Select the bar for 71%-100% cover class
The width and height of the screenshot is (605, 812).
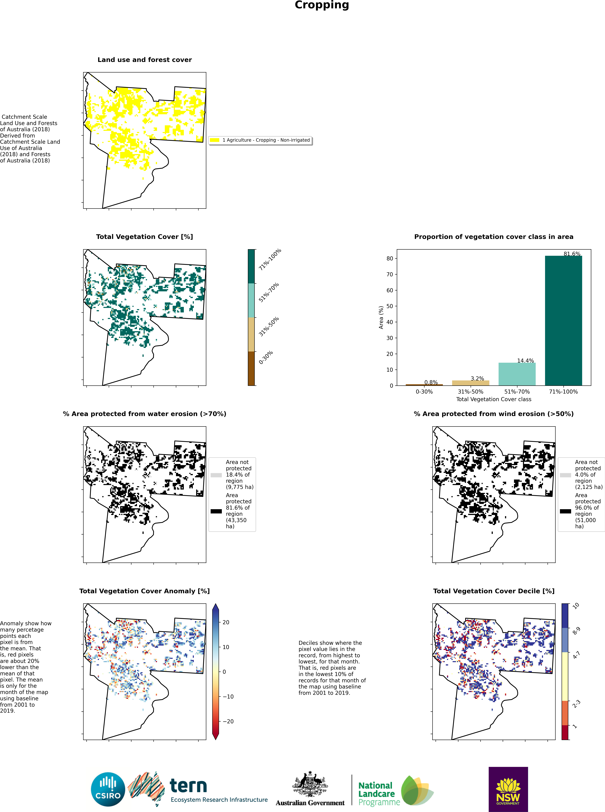(x=563, y=320)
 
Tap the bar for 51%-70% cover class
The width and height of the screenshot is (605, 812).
(x=517, y=374)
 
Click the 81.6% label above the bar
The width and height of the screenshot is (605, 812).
(x=572, y=254)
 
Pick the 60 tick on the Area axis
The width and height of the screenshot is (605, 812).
(x=390, y=290)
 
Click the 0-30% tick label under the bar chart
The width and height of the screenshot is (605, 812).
(x=424, y=391)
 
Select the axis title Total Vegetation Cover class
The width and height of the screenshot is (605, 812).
(x=493, y=399)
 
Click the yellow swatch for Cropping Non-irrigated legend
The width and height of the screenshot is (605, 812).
(x=215, y=140)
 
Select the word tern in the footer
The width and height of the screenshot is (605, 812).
(x=188, y=786)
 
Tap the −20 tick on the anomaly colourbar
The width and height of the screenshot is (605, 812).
(x=228, y=721)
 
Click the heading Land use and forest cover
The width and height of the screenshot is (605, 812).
(x=145, y=60)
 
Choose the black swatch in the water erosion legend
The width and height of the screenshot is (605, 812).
(x=216, y=511)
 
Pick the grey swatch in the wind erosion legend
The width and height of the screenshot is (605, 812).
(x=565, y=475)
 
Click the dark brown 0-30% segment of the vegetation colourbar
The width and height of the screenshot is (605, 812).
(x=251, y=368)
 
